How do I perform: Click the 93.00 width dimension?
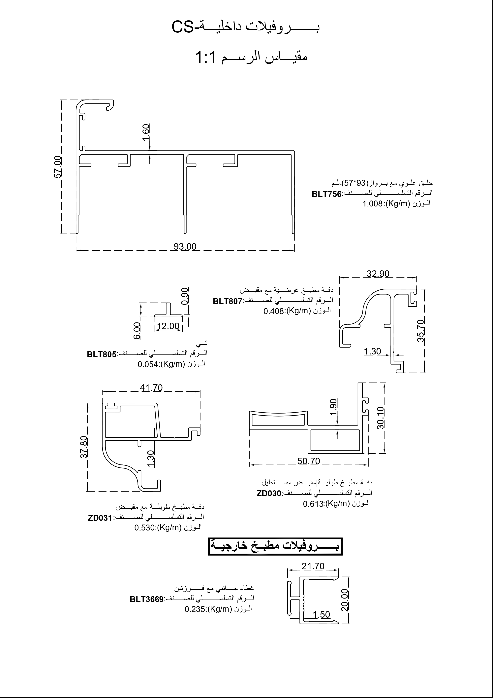(185, 246)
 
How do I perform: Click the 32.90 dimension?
(378, 274)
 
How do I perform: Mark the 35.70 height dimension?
(420, 330)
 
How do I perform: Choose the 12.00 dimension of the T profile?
(168, 326)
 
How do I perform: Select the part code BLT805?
(102, 354)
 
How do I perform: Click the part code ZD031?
(100, 518)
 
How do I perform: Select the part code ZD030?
(269, 493)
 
